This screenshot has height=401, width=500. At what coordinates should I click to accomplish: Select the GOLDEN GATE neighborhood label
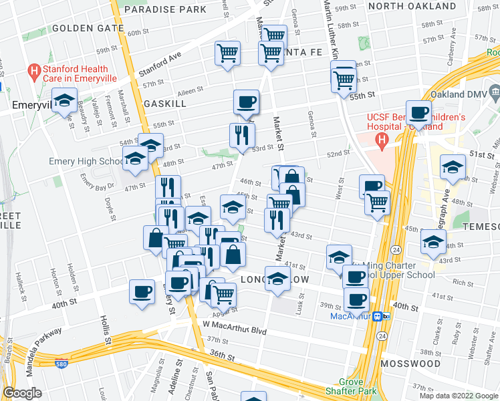88,28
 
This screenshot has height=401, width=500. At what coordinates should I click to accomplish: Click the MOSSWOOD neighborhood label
410,364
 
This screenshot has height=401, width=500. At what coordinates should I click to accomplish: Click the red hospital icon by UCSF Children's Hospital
382,140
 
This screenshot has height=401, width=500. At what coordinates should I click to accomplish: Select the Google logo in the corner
23,393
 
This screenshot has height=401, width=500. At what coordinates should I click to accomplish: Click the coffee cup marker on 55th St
246,102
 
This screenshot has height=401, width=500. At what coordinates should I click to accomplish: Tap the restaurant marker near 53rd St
242,134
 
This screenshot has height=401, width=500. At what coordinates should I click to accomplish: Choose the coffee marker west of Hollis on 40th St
142,291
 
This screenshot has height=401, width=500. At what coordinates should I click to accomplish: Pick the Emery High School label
86,161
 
